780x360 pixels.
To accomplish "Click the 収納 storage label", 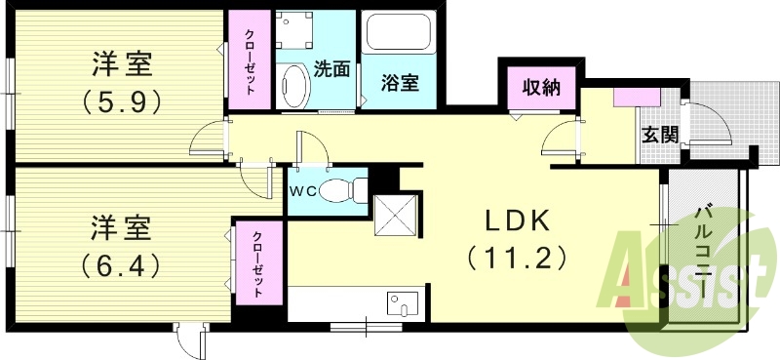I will (540, 90).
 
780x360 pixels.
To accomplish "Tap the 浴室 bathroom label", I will (400, 83).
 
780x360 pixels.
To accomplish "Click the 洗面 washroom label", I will (331, 70).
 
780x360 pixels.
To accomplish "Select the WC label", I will (301, 191).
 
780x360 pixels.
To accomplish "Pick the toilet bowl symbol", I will (342, 189).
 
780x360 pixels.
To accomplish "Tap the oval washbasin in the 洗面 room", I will (292, 85).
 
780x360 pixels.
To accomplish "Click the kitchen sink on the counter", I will (403, 301).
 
